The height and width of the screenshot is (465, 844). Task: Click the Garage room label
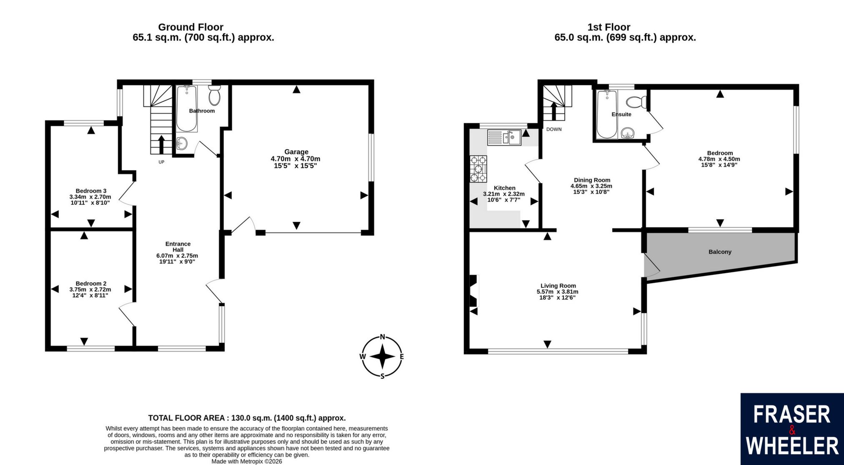296,152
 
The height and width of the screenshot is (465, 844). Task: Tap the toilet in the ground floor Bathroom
215,96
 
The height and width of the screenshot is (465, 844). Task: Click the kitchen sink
504,137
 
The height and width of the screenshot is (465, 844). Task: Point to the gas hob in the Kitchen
478,169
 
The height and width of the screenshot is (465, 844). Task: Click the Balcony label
720,252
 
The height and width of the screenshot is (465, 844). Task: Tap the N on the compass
382,337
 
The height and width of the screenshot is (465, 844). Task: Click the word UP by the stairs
161,162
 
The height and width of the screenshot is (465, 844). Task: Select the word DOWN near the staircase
554,129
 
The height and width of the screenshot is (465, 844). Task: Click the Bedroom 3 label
91,191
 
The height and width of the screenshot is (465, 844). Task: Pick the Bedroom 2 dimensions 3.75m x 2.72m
90,289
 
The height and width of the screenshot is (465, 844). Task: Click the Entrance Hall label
178,247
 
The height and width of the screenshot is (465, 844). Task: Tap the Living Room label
558,286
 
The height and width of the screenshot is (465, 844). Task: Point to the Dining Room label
592,180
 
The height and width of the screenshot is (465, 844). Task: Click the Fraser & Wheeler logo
792,429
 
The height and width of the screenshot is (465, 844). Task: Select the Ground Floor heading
190,27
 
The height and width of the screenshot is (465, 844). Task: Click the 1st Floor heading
609,27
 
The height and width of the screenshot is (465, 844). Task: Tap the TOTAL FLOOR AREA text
247,418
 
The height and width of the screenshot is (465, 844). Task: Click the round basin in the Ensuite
627,133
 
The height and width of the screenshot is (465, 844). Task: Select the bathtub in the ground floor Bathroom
187,109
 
